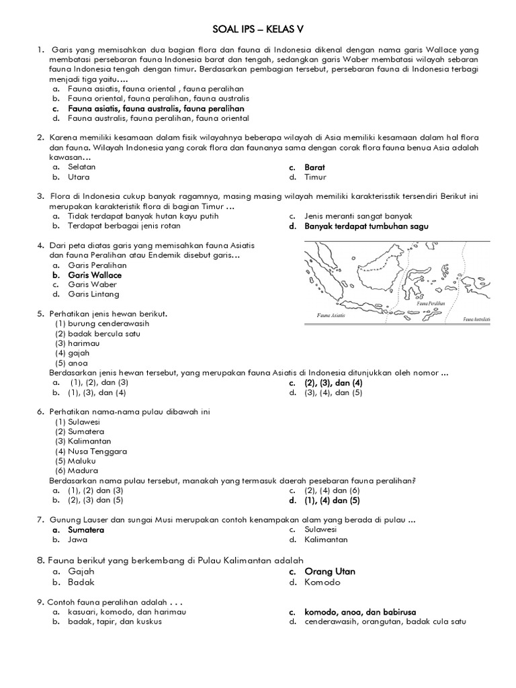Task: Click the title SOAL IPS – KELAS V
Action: point(257,31)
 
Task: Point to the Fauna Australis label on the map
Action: point(476,318)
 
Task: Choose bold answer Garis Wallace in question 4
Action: point(94,275)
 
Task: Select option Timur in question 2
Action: point(314,177)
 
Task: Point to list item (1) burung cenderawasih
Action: point(101,323)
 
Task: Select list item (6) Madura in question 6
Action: point(77,471)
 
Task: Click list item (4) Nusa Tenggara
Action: point(91,451)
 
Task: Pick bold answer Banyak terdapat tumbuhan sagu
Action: point(365,226)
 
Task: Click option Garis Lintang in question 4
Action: point(93,294)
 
